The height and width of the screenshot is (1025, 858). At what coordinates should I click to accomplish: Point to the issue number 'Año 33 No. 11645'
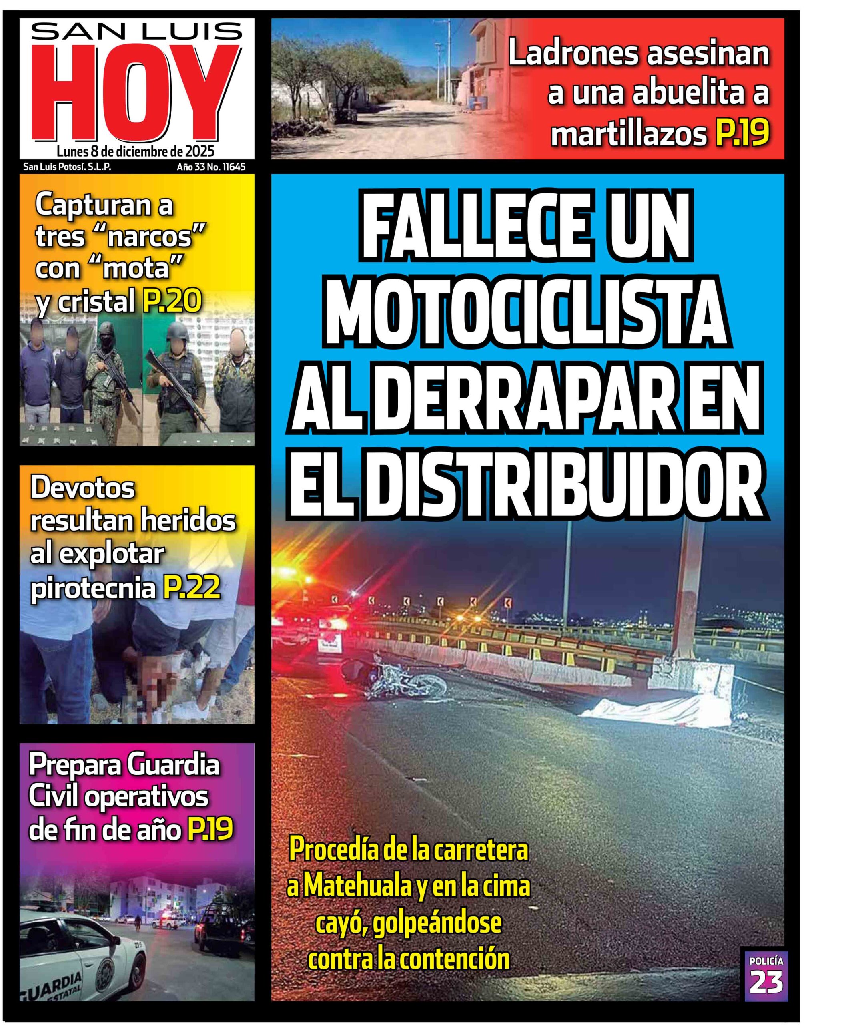pos(211,167)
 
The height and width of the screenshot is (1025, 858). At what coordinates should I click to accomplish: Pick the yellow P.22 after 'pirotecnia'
pos(191,587)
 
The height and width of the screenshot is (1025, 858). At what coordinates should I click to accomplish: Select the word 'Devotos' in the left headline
pos(82,488)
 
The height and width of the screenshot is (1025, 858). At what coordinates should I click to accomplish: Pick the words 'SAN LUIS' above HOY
pos(136,32)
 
